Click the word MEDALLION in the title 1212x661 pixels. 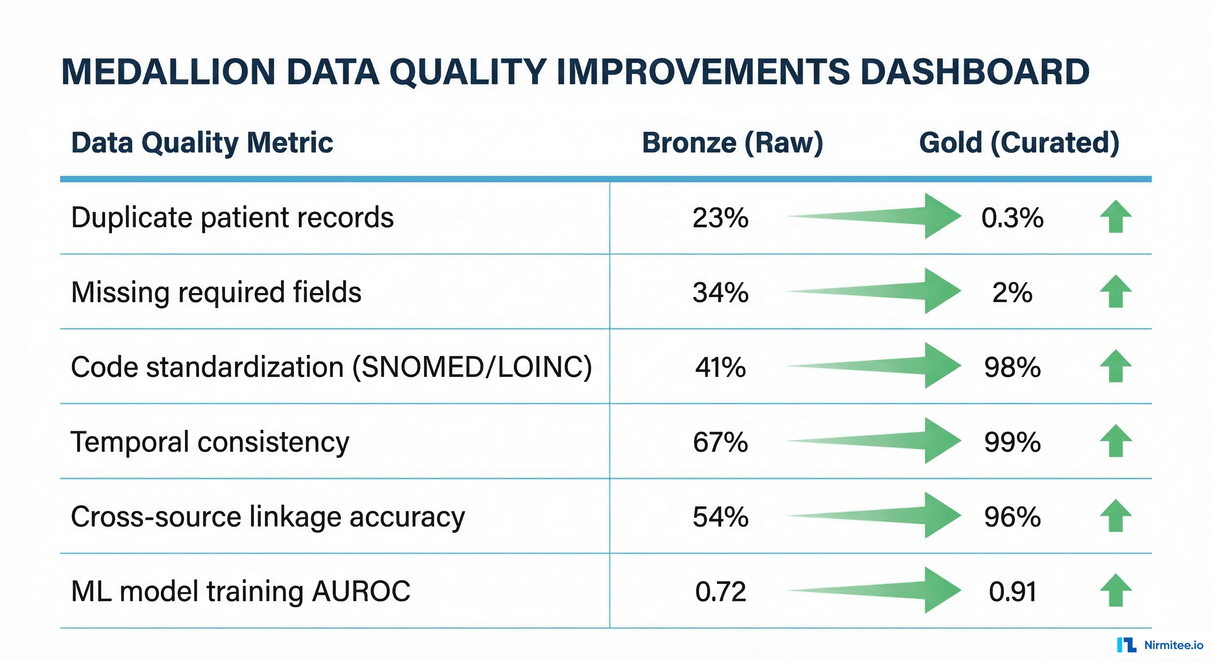[168, 72]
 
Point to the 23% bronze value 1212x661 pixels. [720, 218]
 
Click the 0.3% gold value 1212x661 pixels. [1012, 218]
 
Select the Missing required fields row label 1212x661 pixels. [216, 292]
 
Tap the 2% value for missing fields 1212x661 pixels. [1012, 293]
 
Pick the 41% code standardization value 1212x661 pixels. [720, 368]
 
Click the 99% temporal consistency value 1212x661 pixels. [1012, 442]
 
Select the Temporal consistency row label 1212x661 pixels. [210, 442]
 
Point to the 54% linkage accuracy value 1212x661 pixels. [720, 517]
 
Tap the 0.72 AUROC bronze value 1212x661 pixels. [720, 592]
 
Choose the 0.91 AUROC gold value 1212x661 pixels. [1012, 592]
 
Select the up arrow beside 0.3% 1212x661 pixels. [1116, 216]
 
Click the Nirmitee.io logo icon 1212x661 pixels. [1126, 645]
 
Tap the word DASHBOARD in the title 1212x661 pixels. [974, 72]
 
